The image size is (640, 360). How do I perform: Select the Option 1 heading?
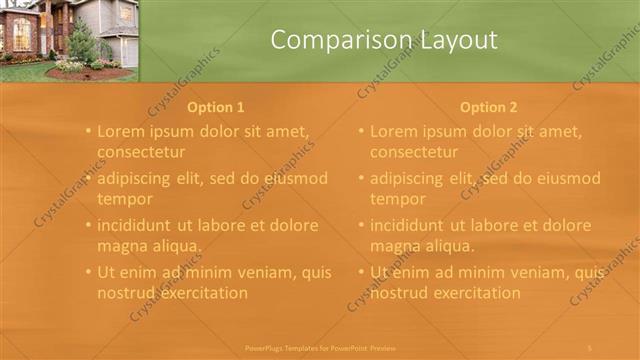pyautogui.click(x=215, y=107)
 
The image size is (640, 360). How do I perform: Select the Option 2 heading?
pyautogui.click(x=488, y=107)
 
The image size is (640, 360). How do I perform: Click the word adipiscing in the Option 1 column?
pyautogui.click(x=140, y=179)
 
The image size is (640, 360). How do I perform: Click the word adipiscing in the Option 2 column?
pyautogui.click(x=413, y=179)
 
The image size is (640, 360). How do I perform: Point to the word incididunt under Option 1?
pyautogui.click(x=139, y=225)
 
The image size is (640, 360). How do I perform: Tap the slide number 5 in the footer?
pyautogui.click(x=590, y=347)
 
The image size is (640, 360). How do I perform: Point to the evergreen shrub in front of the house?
pyautogui.click(x=82, y=42)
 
